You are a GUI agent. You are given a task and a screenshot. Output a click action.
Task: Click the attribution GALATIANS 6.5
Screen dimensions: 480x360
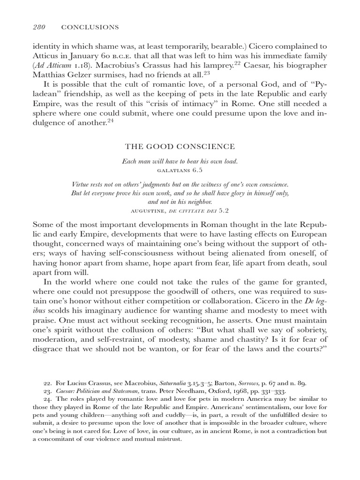(180, 169)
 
